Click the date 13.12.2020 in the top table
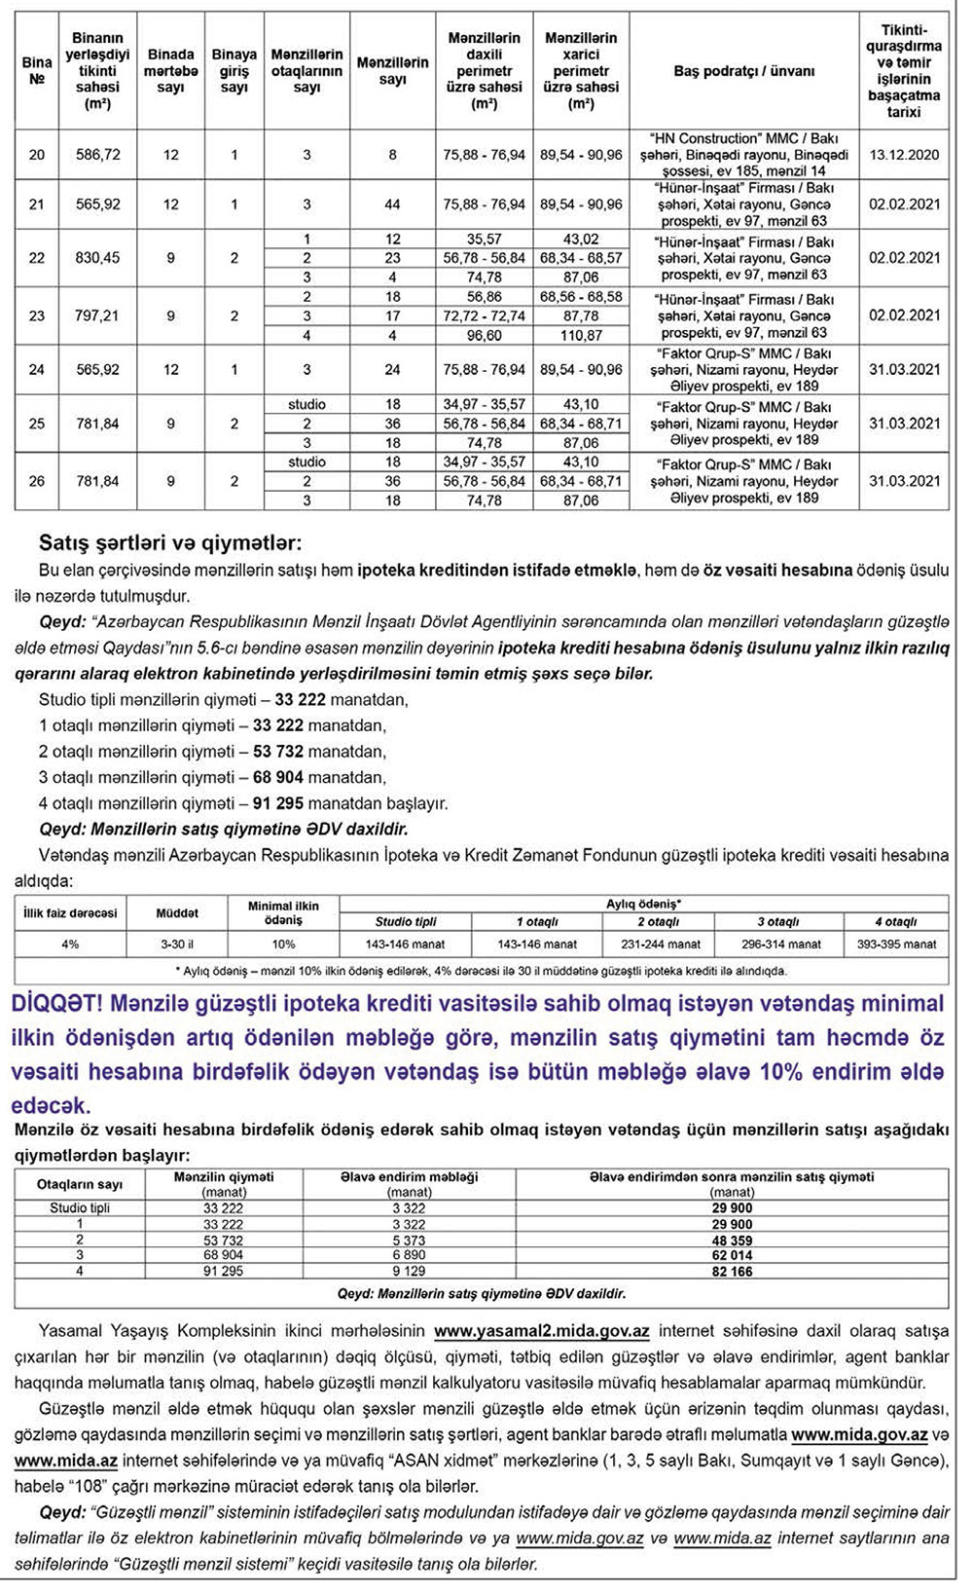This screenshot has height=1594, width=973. click(904, 155)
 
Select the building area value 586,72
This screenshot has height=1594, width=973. click(97, 155)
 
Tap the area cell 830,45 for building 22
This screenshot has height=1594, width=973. click(97, 258)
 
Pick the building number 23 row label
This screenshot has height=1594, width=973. click(37, 315)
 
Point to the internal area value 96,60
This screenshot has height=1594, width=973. click(485, 335)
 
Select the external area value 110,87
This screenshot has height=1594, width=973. click(581, 335)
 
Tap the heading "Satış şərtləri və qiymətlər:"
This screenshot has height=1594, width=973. click(170, 542)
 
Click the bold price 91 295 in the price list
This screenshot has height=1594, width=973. click(278, 803)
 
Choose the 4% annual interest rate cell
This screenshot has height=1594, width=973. click(70, 944)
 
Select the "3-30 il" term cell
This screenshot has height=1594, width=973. click(177, 944)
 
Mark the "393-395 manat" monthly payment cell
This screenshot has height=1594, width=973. click(897, 944)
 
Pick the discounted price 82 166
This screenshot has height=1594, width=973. click(732, 1272)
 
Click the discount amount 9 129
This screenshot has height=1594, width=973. click(409, 1272)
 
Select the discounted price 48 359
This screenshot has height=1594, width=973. click(732, 1241)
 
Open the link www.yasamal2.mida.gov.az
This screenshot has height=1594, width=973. click(542, 1331)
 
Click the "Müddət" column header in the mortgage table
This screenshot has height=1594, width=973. click(177, 913)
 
